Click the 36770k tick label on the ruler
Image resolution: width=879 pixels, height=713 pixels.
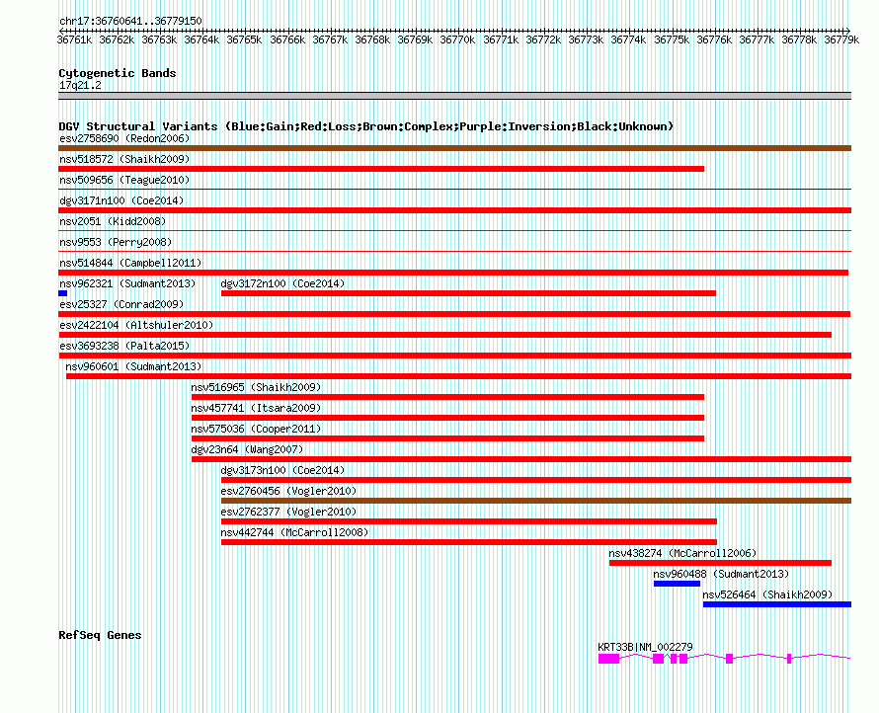click(x=458, y=40)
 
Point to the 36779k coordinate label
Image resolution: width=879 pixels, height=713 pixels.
click(x=841, y=40)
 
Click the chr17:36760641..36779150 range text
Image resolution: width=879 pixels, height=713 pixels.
click(x=130, y=21)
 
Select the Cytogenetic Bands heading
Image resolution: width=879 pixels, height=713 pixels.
click(x=118, y=73)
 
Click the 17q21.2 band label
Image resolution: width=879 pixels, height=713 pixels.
click(x=80, y=85)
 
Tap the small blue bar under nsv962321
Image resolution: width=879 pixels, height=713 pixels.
click(x=62, y=293)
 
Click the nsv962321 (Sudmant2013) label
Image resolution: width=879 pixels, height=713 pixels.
click(x=127, y=283)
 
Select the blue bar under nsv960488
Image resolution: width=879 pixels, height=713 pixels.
click(x=677, y=584)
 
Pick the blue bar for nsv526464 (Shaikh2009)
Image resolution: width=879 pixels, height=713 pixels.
click(x=776, y=604)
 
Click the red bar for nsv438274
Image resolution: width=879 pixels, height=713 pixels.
click(x=719, y=563)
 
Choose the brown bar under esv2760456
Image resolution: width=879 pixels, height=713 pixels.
click(x=535, y=501)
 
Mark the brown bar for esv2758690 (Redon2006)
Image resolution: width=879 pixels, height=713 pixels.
click(x=454, y=148)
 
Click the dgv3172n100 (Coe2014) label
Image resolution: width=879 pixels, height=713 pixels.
click(x=282, y=283)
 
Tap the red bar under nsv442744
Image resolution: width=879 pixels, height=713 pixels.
click(x=468, y=542)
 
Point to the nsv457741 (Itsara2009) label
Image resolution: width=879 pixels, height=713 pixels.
click(x=256, y=408)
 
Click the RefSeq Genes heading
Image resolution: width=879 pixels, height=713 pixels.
click(x=100, y=635)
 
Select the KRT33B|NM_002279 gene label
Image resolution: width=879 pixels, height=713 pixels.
click(x=645, y=647)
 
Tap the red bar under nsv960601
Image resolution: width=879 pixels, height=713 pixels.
click(x=458, y=376)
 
